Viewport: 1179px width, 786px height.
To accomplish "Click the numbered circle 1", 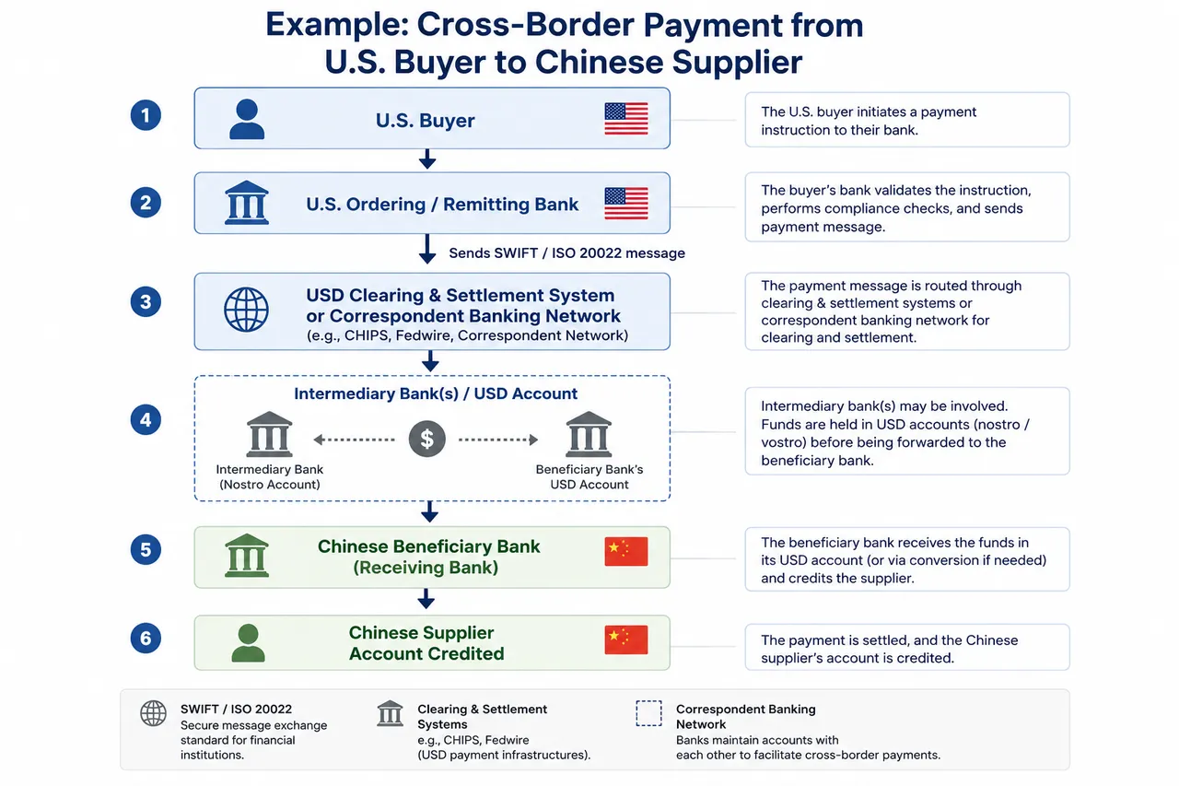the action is tap(146, 115).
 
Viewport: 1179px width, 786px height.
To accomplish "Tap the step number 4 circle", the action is tap(146, 419).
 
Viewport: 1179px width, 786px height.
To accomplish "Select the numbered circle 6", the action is tap(146, 638).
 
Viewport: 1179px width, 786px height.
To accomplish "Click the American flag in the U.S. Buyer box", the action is tap(625, 119).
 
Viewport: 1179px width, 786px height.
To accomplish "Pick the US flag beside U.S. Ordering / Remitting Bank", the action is tap(625, 204).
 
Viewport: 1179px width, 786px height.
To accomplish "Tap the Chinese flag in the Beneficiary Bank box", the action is tap(625, 551).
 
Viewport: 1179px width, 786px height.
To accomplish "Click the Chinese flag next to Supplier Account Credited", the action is tap(625, 639).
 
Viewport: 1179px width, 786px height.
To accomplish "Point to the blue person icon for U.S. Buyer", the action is tap(247, 119).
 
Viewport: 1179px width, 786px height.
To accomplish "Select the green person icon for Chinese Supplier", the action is tap(248, 643).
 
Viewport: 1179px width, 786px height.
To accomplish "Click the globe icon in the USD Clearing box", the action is tap(246, 310).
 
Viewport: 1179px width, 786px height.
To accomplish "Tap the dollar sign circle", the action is tap(426, 439).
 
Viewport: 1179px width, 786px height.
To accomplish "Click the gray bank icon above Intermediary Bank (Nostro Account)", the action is tap(269, 434).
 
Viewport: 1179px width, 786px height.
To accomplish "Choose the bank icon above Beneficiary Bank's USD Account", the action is tap(589, 434).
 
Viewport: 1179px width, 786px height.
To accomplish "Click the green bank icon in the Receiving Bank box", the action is tap(246, 556).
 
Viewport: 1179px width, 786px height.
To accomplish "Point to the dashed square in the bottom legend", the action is tap(648, 713).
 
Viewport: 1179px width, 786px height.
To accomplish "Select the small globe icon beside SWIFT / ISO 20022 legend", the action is tap(153, 713).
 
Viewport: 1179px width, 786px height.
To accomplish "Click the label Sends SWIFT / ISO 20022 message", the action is tap(566, 253).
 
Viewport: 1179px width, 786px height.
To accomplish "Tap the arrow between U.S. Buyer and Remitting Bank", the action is tap(427, 159).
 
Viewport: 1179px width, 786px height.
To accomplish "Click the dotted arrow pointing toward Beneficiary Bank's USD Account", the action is tap(498, 440).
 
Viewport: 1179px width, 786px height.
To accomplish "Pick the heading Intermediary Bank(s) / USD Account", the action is tap(436, 393).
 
